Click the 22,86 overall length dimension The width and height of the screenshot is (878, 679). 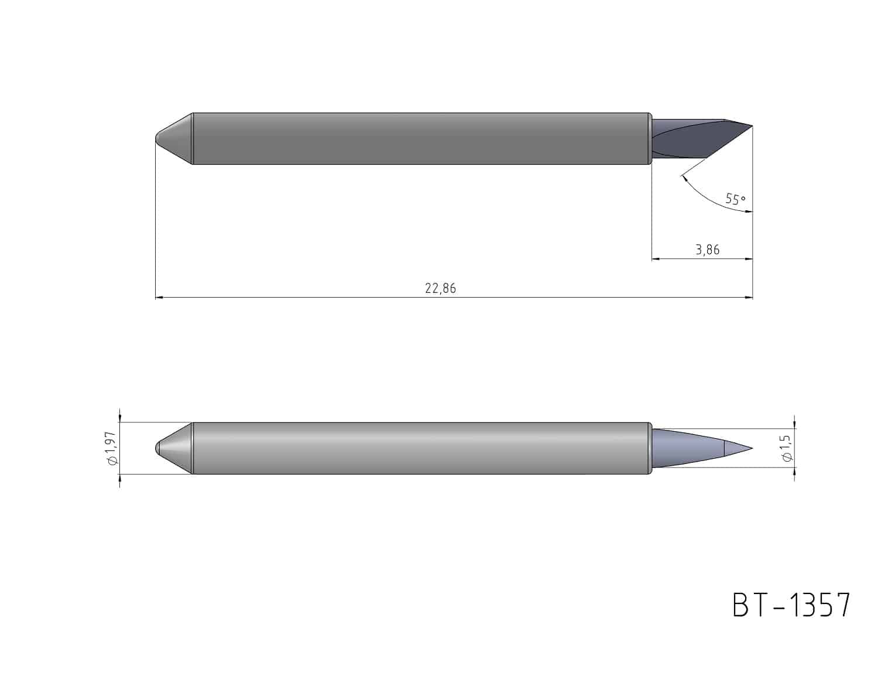click(x=440, y=288)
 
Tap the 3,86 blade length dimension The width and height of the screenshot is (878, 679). click(x=708, y=250)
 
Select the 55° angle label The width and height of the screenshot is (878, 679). click(x=735, y=199)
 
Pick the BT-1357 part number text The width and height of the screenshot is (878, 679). click(x=791, y=605)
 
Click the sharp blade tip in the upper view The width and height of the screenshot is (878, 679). click(x=752, y=126)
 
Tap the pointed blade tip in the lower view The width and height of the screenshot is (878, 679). click(x=752, y=448)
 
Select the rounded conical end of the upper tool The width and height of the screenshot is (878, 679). click(x=174, y=138)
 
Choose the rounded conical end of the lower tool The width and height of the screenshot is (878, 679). click(x=174, y=448)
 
